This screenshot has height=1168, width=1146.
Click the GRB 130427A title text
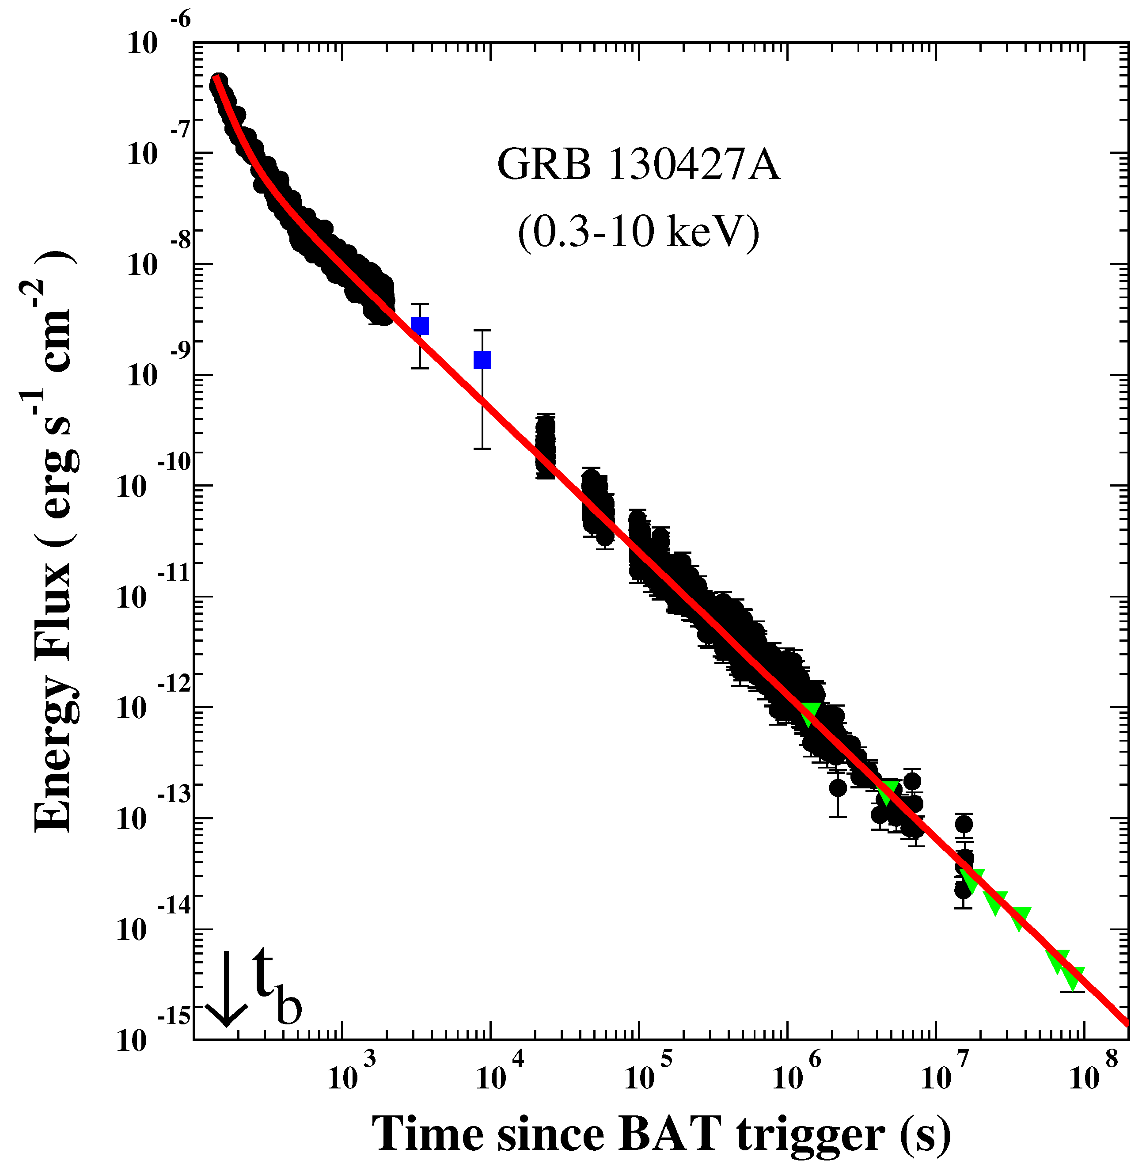638,165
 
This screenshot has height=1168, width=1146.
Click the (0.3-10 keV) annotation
638,232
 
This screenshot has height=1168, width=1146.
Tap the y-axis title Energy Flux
54,542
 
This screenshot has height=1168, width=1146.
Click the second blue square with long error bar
482,359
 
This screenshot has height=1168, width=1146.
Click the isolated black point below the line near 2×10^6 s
837,788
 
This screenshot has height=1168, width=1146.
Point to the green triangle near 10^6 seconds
810,713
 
